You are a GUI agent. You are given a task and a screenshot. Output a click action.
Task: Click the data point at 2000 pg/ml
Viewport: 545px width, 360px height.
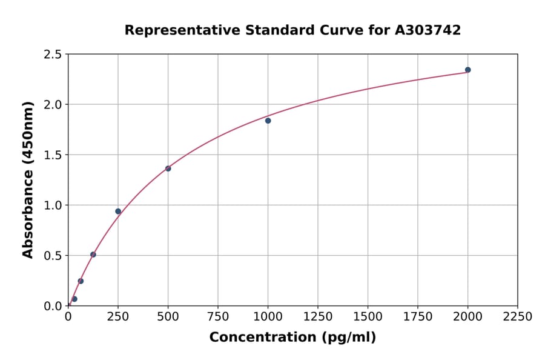pyautogui.click(x=467, y=70)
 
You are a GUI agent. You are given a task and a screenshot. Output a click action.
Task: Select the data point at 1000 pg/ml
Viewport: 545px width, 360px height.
pyautogui.click(x=268, y=121)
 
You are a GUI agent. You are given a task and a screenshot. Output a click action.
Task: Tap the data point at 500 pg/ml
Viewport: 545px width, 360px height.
pyautogui.click(x=168, y=168)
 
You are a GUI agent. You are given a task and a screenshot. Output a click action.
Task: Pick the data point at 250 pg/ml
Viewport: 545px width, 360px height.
pyautogui.click(x=118, y=212)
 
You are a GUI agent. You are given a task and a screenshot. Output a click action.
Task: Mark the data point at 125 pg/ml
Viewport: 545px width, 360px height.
pyautogui.click(x=93, y=255)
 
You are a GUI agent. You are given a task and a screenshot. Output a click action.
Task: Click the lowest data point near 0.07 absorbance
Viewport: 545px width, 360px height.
pyautogui.click(x=74, y=299)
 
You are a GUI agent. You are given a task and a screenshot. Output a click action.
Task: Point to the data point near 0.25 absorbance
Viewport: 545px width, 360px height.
pyautogui.click(x=81, y=281)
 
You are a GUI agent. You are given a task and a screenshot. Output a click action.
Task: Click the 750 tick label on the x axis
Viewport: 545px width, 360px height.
pyautogui.click(x=218, y=317)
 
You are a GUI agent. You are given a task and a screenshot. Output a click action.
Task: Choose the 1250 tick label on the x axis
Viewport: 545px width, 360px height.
pyautogui.click(x=318, y=317)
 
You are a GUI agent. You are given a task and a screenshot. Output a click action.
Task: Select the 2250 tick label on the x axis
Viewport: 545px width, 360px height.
pyautogui.click(x=517, y=317)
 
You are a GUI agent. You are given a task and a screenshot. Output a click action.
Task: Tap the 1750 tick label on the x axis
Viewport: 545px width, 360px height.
pyautogui.click(x=417, y=317)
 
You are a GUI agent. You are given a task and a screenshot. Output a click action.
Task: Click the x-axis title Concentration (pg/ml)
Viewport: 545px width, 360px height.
pyautogui.click(x=292, y=338)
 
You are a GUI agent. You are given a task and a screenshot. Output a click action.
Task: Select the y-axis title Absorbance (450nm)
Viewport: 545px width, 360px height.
pyautogui.click(x=28, y=179)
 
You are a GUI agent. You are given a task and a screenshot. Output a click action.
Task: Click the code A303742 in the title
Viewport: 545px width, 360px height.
pyautogui.click(x=428, y=30)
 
